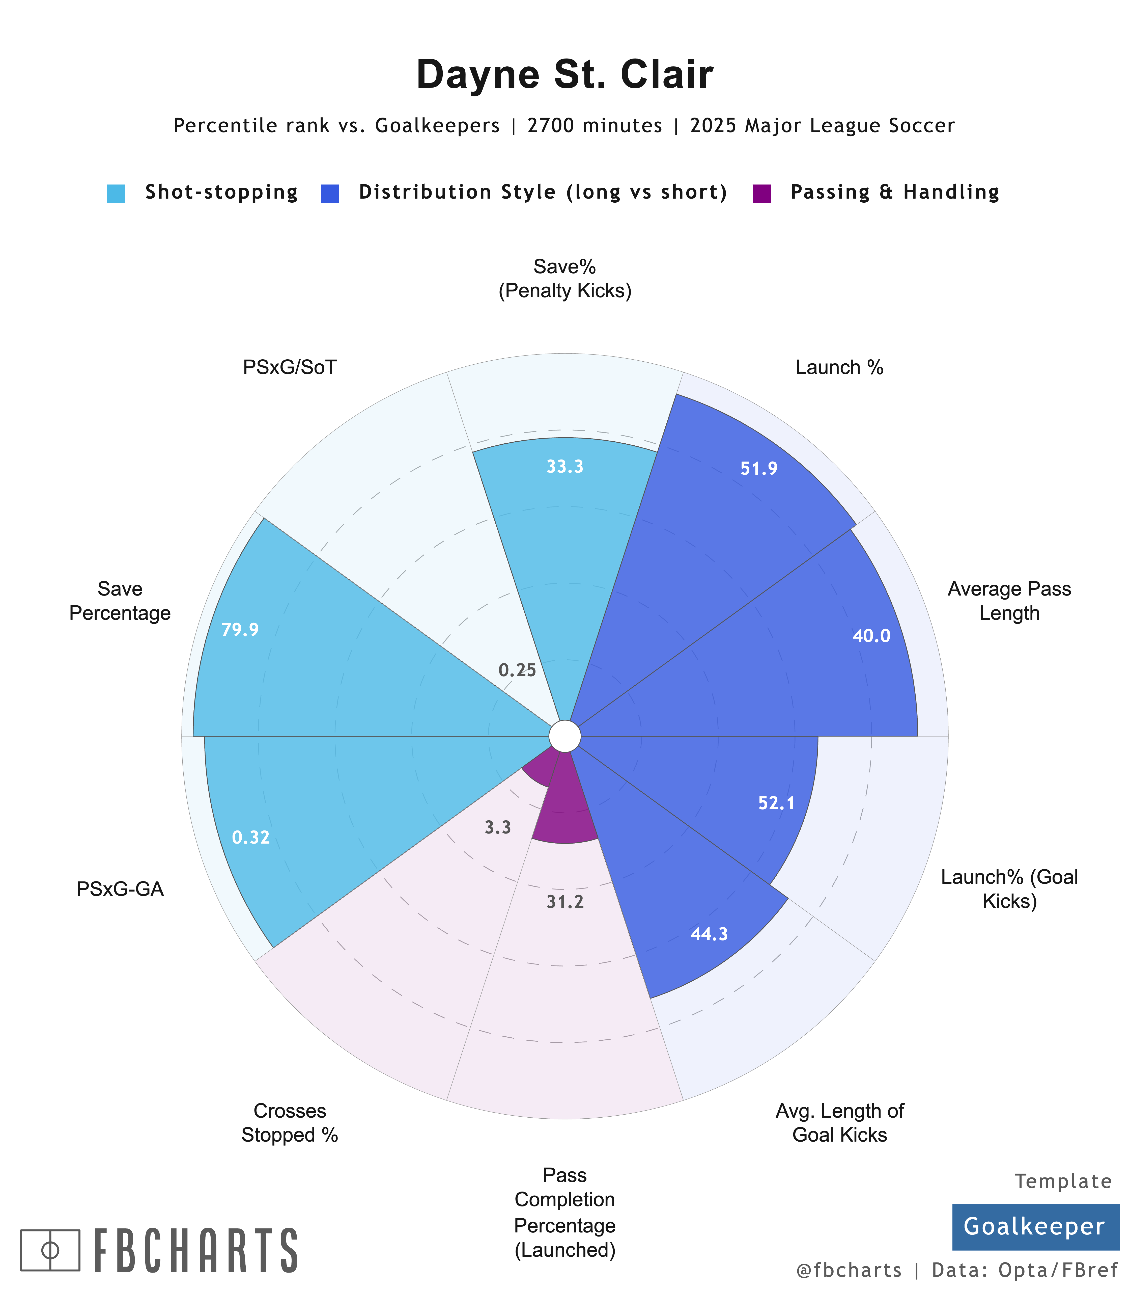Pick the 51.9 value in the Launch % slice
click(759, 468)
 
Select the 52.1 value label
click(776, 803)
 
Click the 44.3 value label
click(709, 934)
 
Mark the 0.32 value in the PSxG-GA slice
click(251, 837)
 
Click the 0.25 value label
click(517, 670)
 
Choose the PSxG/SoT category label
click(290, 367)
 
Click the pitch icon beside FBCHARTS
click(50, 1250)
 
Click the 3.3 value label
click(497, 827)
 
